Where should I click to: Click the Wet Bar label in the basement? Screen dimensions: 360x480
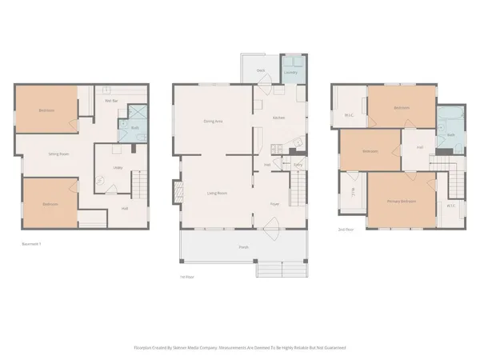click(111, 100)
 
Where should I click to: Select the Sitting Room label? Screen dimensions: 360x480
click(58, 153)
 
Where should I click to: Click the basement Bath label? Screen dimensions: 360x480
click(134, 127)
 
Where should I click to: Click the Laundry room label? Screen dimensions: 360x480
click(291, 72)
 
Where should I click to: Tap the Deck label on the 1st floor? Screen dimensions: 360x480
click(260, 70)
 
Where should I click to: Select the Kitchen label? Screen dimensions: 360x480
click(278, 118)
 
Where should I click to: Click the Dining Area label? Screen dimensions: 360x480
click(213, 121)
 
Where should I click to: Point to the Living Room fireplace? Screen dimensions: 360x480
click(177, 193)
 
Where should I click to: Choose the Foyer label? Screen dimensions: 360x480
click(274, 204)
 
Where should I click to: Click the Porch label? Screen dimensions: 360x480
click(243, 247)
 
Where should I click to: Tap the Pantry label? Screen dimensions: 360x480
click(298, 165)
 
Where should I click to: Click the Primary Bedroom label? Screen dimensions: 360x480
click(402, 200)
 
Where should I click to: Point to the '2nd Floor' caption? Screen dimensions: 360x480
click(346, 230)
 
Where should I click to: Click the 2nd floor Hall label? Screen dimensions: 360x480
click(419, 147)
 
